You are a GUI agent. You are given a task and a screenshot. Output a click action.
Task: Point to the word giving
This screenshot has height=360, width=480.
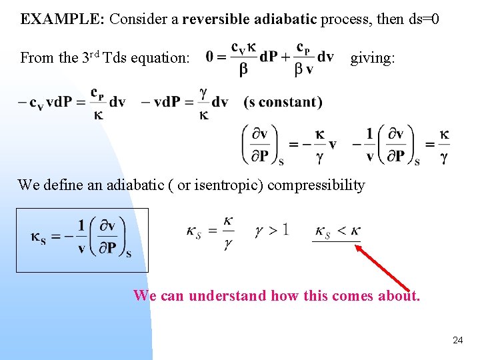[x=372, y=57]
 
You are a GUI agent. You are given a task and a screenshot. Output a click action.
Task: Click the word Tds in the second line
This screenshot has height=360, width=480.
[x=117, y=57]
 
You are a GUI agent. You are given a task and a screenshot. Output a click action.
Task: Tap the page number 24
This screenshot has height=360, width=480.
[x=457, y=340]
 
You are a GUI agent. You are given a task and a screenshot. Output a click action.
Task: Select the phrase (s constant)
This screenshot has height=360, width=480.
[x=283, y=102]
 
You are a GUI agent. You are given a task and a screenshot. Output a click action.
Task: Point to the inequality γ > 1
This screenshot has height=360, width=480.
[x=271, y=231]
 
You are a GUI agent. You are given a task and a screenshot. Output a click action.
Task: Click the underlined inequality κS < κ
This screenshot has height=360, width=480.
[x=337, y=231]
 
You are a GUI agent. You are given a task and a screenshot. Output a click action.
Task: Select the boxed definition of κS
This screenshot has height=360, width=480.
[x=81, y=239]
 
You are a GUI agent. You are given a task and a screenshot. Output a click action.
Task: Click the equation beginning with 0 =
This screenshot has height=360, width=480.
[x=270, y=59]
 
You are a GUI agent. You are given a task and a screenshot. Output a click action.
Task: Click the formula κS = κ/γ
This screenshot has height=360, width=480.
[x=211, y=232]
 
